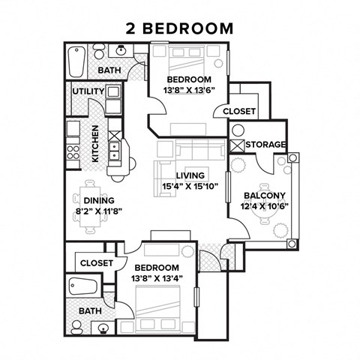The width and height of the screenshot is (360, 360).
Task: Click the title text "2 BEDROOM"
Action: (x=180, y=28)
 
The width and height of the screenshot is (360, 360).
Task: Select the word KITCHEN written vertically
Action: (x=95, y=143)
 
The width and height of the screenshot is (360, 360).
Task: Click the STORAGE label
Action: (x=265, y=144)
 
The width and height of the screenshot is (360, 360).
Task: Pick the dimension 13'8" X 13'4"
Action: (x=157, y=278)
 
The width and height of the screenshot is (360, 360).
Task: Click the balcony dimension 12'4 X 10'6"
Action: (x=265, y=205)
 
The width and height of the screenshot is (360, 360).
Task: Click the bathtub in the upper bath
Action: (x=76, y=59)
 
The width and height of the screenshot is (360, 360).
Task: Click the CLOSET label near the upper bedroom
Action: (x=239, y=111)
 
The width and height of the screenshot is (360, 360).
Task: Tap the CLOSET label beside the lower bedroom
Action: (x=96, y=263)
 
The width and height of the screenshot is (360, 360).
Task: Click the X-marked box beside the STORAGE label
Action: (x=238, y=145)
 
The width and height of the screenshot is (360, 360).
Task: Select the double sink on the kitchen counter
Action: (x=115, y=151)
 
